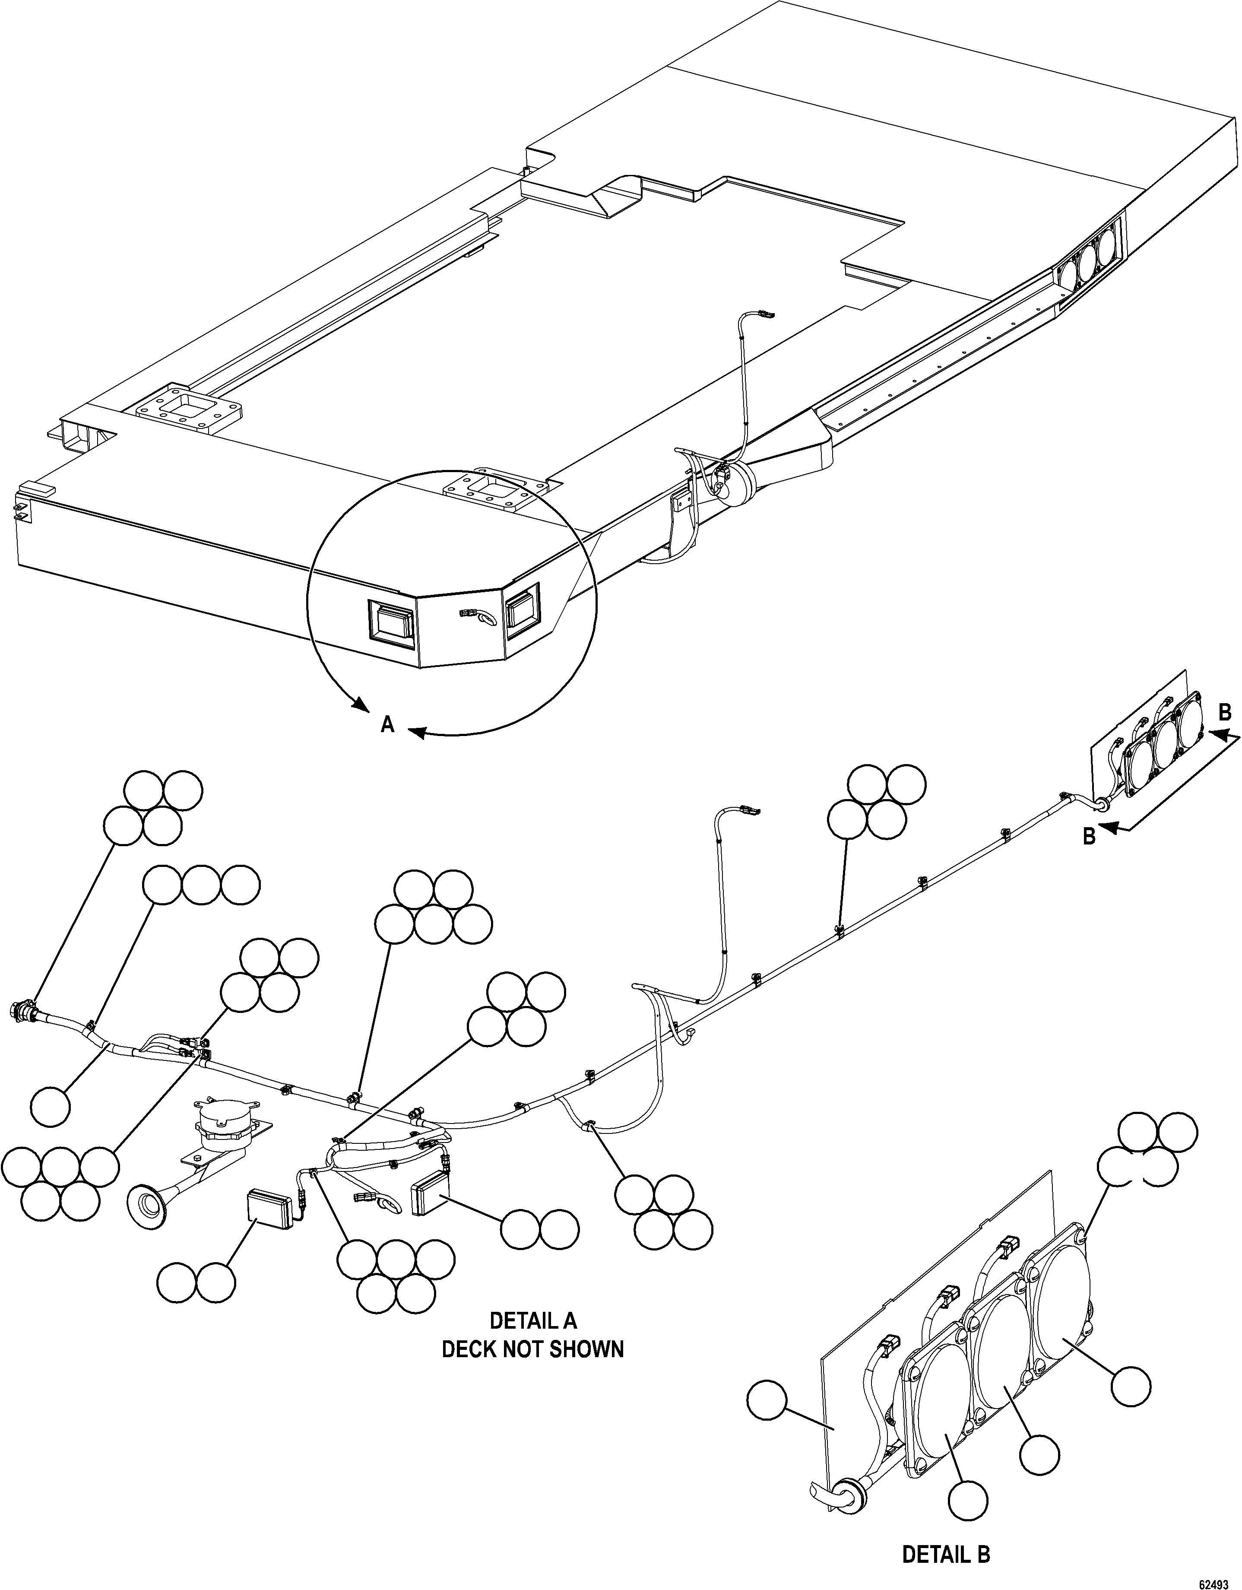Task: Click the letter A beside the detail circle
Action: point(388,724)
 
